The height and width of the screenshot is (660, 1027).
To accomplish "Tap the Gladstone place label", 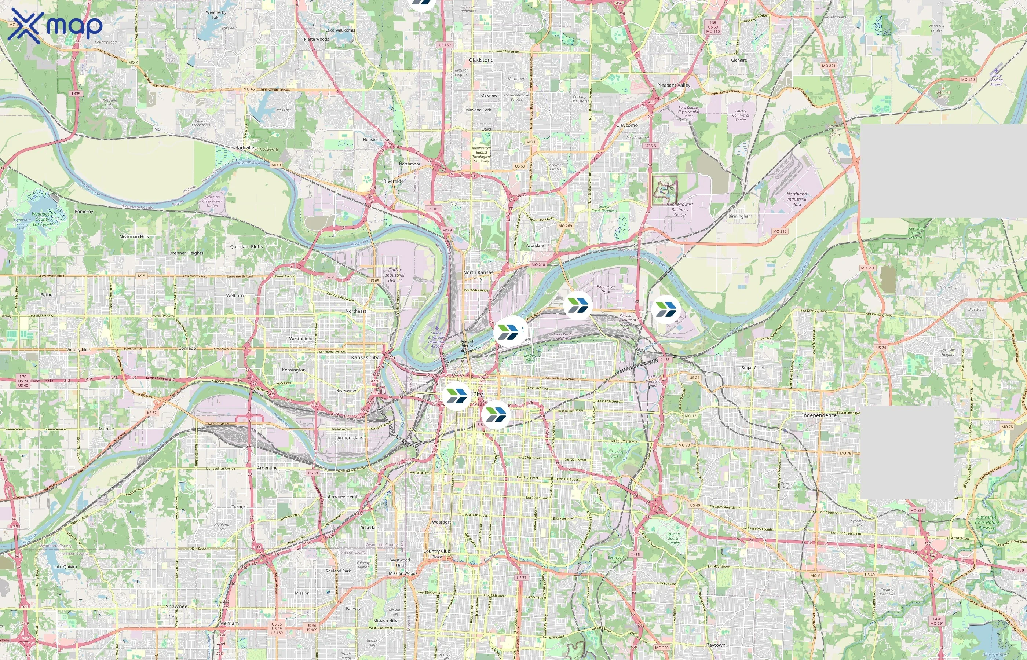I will pos(481,60).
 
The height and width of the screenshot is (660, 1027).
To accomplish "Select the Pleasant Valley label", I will pos(673,85).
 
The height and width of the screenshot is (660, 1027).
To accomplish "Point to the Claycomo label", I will pos(627,125).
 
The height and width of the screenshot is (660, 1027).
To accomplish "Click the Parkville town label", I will pos(245,147).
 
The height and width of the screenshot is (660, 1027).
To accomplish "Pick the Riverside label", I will pos(394,181).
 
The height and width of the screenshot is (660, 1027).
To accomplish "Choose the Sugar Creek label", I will pos(753,368).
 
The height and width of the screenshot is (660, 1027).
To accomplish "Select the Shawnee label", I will pos(176,606).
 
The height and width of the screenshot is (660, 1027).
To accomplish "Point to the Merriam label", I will pos(229,623).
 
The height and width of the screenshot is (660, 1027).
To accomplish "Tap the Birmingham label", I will pos(740,216).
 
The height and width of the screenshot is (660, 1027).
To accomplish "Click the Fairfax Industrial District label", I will pos(395,275).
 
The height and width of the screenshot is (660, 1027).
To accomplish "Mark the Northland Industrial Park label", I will pos(796,199).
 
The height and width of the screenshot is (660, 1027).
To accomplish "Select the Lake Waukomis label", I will pos(340,30).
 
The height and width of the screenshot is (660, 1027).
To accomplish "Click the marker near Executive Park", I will pos(578,305).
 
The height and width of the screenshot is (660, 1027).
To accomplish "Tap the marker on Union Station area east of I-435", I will pos(665,309).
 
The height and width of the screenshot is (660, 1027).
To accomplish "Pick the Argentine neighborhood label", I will pos(267,468).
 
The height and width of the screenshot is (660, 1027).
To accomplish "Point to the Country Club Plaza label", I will pos(436,554).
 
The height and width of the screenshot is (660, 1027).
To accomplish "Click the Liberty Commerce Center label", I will pos(741,115).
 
